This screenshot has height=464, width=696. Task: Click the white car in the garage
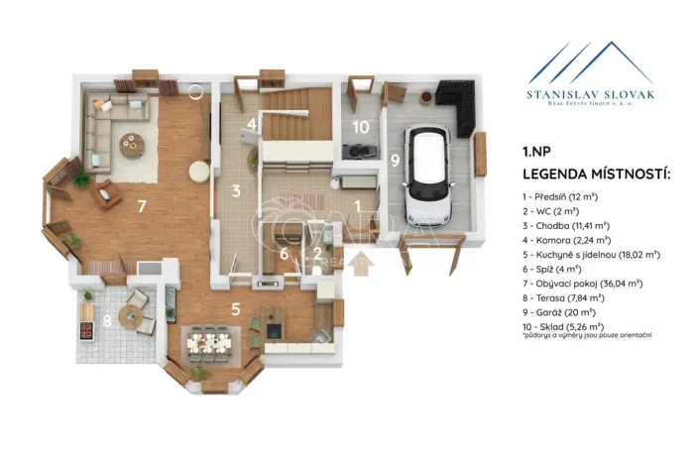[428, 174]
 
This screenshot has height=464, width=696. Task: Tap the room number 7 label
[142, 206]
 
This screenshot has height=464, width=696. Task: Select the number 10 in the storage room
[361, 128]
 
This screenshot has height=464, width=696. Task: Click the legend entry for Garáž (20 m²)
[559, 312]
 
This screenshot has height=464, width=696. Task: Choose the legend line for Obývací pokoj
[582, 284]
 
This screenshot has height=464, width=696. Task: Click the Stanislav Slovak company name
[591, 94]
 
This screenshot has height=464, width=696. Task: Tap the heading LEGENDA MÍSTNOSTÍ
[596, 174]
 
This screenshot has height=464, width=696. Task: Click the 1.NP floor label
[536, 152]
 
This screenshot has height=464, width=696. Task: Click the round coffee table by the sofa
[132, 145]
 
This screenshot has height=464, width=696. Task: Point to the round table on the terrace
[130, 315]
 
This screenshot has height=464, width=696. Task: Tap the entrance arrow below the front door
[360, 264]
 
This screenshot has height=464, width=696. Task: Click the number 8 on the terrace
[107, 320]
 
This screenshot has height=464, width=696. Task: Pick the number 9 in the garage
[395, 161]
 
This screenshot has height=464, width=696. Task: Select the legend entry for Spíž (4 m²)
[551, 269]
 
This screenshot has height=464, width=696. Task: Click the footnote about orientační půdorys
[587, 336]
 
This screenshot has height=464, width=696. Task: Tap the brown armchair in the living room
[106, 194]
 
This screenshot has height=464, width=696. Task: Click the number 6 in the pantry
[285, 254]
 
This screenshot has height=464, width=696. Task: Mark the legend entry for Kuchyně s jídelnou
[591, 255]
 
